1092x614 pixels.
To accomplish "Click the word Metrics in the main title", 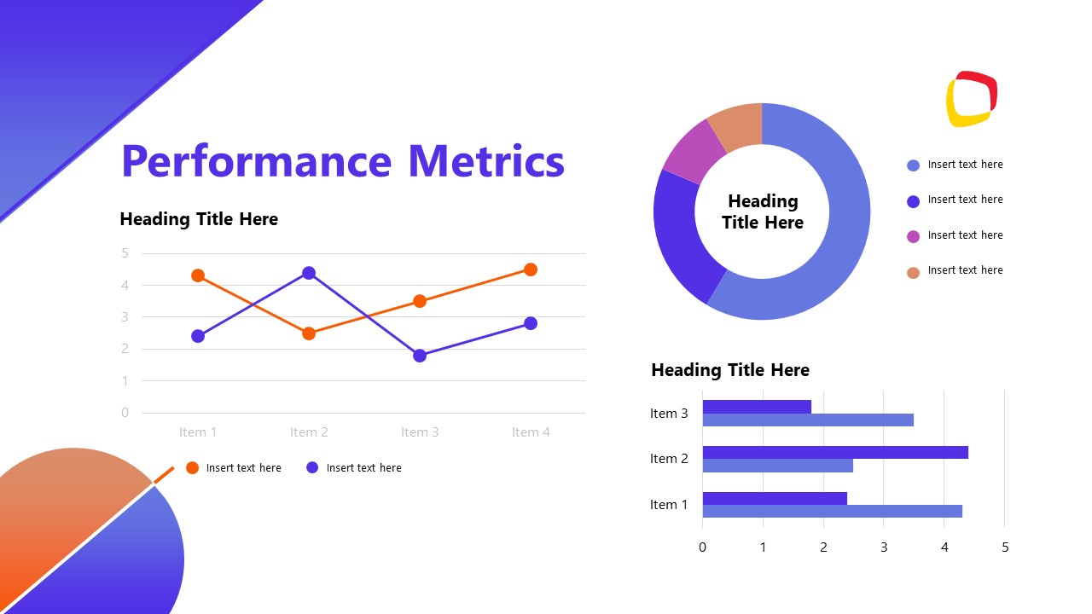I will click(x=485, y=161).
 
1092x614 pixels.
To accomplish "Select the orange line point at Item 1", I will click(x=198, y=275).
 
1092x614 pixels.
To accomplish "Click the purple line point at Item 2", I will click(x=309, y=273).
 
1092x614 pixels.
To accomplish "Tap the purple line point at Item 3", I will click(x=420, y=356).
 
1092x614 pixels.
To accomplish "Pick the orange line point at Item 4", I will click(x=531, y=269).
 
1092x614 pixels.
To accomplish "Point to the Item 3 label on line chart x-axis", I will click(x=420, y=432).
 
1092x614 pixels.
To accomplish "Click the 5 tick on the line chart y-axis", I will click(x=125, y=253).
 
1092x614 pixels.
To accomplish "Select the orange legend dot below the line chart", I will click(x=192, y=467).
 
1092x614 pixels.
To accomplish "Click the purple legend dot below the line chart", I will click(x=312, y=467).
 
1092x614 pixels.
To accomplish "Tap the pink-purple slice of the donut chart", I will click(x=692, y=152).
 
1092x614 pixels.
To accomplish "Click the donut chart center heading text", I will click(x=762, y=211).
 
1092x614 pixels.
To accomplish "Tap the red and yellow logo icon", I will click(x=972, y=99).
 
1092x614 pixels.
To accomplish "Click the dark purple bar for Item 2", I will click(x=834, y=452).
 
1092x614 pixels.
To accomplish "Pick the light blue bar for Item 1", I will click(x=832, y=512).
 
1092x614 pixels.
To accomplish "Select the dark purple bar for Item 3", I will click(x=757, y=407).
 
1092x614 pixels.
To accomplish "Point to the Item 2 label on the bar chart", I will click(x=669, y=459).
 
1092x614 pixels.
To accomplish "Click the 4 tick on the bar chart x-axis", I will click(x=944, y=547).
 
